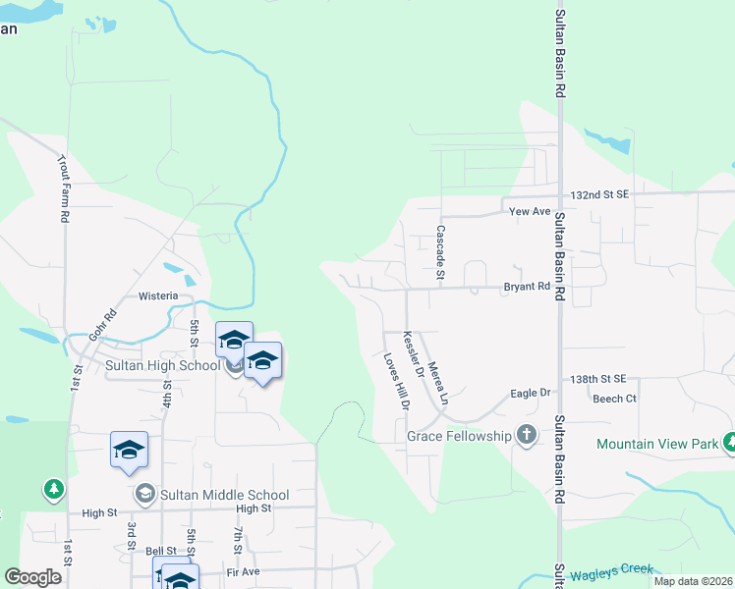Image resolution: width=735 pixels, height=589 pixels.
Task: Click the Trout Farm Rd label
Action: point(63,187)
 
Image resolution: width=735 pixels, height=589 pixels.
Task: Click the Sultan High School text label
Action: point(163,366)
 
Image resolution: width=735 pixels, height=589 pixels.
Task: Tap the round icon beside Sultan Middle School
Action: point(145,493)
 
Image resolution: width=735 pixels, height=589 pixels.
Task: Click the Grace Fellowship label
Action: point(459,436)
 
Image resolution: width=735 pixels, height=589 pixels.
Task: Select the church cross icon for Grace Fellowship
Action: point(527,435)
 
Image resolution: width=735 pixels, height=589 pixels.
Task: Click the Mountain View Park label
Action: point(657,445)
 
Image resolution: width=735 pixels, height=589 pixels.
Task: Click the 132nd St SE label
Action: point(598,196)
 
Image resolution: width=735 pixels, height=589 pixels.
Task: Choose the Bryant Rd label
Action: point(527,287)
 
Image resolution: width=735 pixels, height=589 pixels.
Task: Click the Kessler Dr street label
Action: point(413,357)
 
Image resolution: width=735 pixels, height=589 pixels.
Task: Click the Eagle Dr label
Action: point(531,394)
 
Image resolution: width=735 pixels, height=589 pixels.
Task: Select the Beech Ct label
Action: point(614,400)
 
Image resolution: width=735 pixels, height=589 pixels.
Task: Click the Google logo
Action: point(33,577)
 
